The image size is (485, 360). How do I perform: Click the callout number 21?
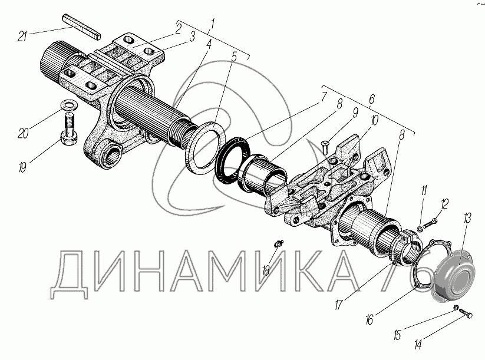[22, 36]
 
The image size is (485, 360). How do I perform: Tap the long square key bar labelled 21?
[82, 27]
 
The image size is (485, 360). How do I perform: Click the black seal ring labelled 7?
[232, 160]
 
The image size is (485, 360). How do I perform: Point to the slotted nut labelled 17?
[406, 246]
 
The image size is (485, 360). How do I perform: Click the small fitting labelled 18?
[278, 243]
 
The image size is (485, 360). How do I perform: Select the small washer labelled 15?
[456, 308]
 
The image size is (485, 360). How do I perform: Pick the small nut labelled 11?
[420, 229]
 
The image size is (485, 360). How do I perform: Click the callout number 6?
[371, 99]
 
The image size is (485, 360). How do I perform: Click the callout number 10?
[374, 120]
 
